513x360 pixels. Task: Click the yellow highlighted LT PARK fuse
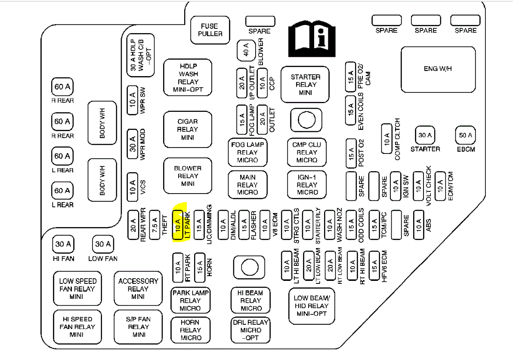tap(177, 225)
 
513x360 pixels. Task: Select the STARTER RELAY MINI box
tap(305, 85)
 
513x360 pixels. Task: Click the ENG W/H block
tap(438, 69)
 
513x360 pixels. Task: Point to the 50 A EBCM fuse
tap(466, 135)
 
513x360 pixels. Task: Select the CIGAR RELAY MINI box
tap(188, 129)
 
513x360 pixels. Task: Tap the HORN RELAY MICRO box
tap(190, 330)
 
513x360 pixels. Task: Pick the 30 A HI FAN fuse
tap(63, 245)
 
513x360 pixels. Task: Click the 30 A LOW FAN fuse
tap(103, 245)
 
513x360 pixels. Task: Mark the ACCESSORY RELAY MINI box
tap(138, 289)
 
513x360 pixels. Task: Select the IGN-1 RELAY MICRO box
tap(307, 185)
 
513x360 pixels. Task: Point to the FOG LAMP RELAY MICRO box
tap(247, 152)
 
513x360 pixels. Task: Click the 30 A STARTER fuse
tap(425, 135)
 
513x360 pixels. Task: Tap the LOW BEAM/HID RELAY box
tap(312, 306)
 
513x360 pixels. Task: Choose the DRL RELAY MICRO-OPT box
tap(250, 330)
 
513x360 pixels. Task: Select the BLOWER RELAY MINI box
tap(188, 176)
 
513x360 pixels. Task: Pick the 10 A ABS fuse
tap(419, 225)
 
